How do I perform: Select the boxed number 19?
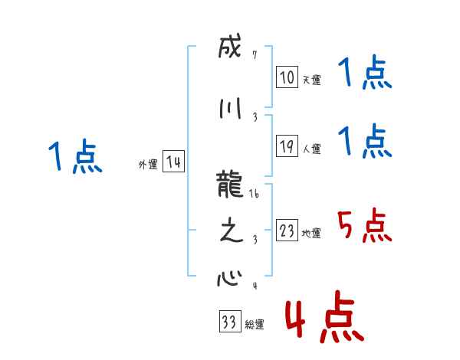287,147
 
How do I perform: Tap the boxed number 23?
287,231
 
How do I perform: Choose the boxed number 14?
173,162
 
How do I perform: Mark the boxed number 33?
229,322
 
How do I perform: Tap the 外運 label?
147,165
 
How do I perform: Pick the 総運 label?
255,325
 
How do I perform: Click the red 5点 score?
364,224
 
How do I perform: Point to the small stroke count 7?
255,55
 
